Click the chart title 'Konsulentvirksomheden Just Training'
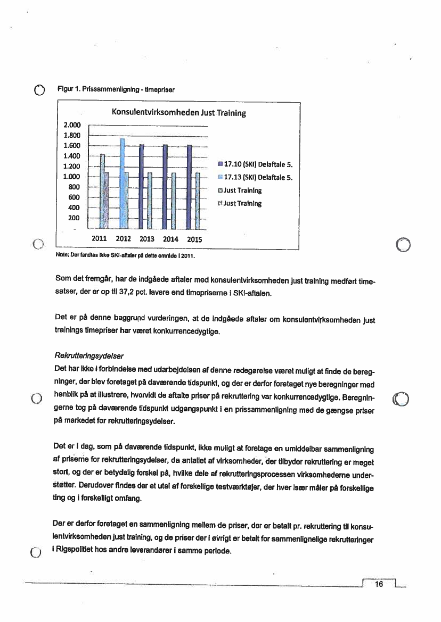[x=178, y=113]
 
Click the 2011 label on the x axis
[x=100, y=239]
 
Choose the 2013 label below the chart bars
[x=147, y=239]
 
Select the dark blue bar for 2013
[x=141, y=186]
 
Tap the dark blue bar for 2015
[x=190, y=186]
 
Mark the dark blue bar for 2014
[x=165, y=186]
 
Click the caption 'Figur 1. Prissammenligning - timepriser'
[x=116, y=89]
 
